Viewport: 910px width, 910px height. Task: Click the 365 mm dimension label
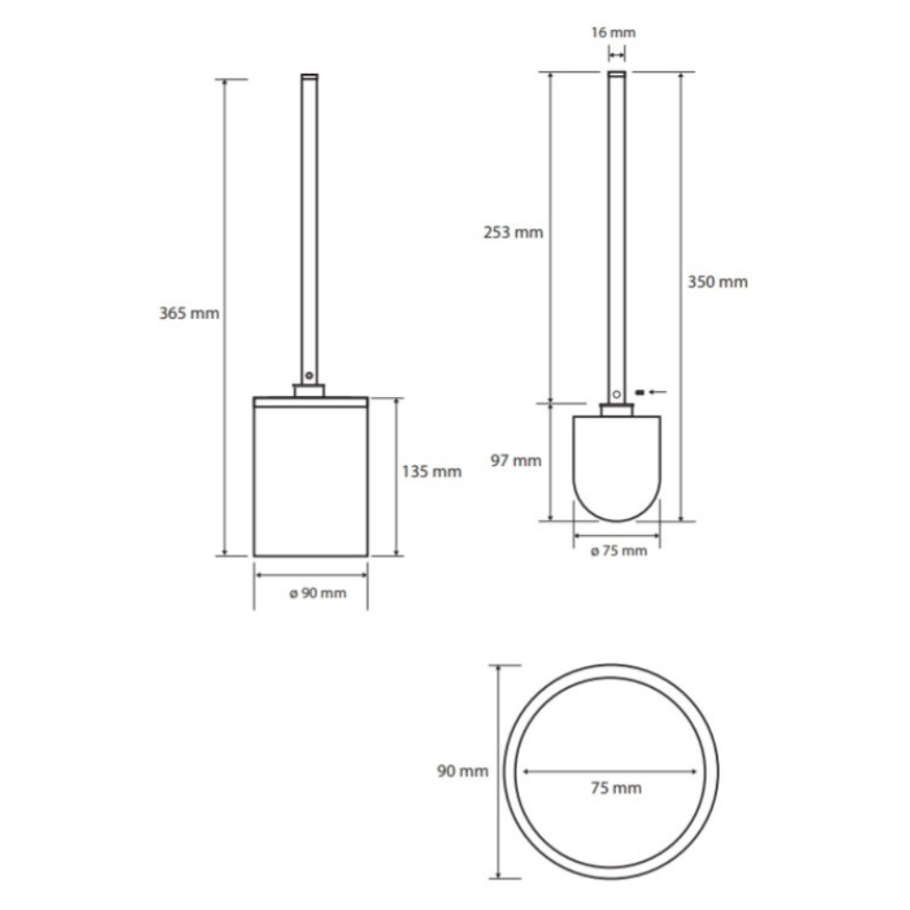pos(189,313)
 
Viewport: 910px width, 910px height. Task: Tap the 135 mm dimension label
pos(431,471)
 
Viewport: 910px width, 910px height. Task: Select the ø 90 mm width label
pos(318,593)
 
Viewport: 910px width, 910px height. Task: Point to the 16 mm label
pos(613,33)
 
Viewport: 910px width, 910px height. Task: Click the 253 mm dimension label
pos(513,232)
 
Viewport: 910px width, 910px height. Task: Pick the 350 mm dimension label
pos(718,282)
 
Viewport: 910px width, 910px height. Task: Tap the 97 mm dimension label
pos(516,460)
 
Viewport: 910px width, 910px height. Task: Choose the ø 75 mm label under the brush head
pos(619,551)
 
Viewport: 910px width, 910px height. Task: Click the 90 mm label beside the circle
pos(462,772)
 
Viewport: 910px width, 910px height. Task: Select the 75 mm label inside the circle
pos(616,788)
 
